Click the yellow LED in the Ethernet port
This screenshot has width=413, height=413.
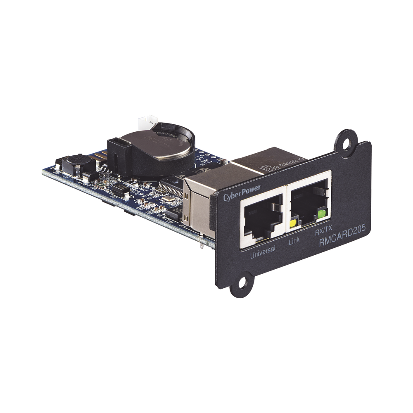pos(293,223)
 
